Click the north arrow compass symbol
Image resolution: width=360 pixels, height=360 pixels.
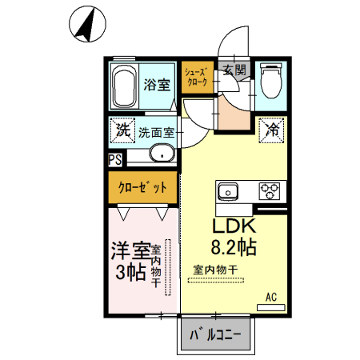[86, 23]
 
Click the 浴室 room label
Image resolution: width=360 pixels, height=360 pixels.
[156, 83]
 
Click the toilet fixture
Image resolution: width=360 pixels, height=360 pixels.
[270, 81]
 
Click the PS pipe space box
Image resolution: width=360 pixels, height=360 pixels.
[115, 159]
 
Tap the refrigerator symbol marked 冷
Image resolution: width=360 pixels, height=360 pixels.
[272, 129]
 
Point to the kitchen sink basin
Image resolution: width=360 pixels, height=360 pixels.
[227, 191]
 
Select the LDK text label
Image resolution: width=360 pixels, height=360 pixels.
[232, 226]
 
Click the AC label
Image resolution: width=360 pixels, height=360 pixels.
[271, 297]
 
